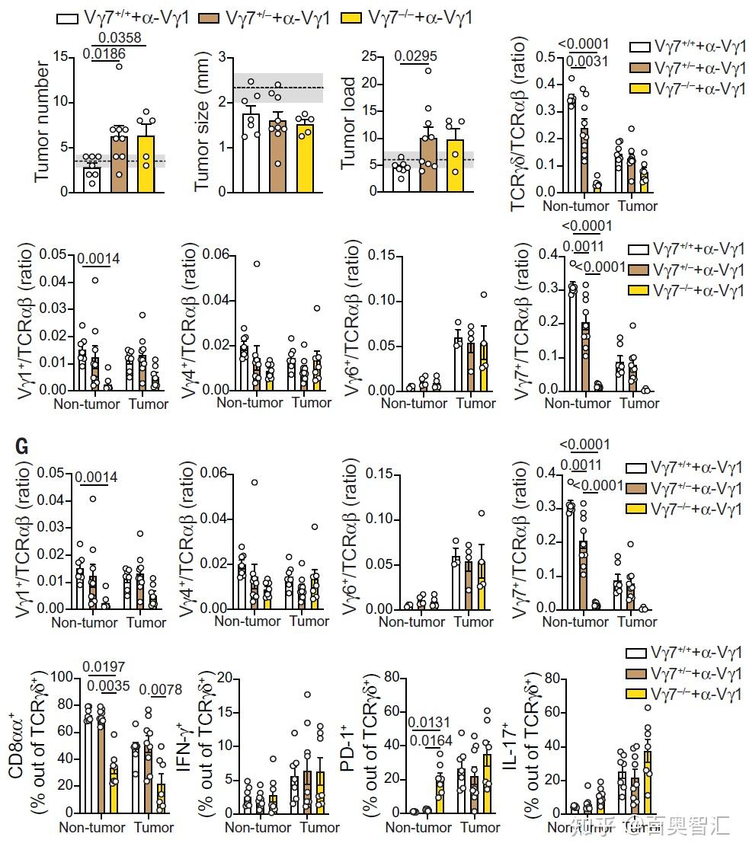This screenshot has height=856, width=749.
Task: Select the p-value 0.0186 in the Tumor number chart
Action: tap(105, 53)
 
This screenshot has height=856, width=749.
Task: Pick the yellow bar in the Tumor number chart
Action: tap(146, 163)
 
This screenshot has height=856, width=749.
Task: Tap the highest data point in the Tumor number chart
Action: tap(119, 66)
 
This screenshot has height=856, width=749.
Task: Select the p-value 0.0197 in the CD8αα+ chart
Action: tap(108, 667)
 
